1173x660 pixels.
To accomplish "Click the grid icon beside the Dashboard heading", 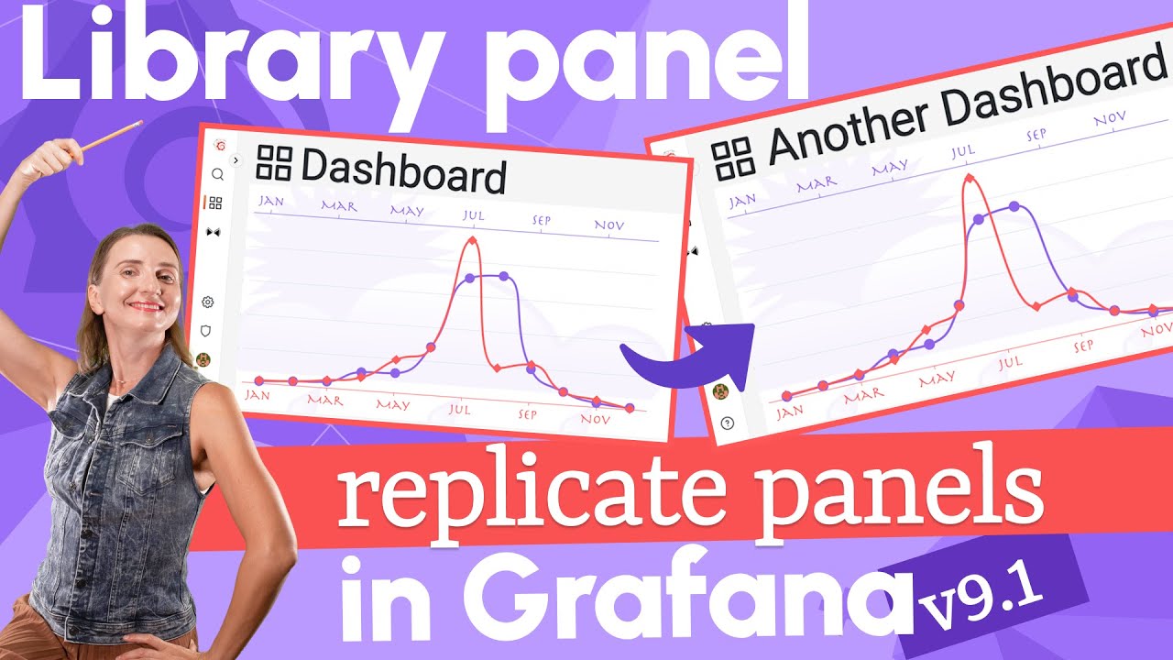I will (274, 162).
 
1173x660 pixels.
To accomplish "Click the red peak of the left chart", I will (472, 240).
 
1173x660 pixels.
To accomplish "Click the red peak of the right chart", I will (968, 177).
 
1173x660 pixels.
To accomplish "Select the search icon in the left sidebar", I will (217, 174).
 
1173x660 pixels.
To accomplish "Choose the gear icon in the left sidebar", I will (208, 302).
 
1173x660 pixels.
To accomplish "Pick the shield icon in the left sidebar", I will (206, 330).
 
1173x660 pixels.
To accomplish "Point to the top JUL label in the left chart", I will (473, 216).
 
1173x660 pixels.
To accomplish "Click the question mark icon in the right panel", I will (728, 423).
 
